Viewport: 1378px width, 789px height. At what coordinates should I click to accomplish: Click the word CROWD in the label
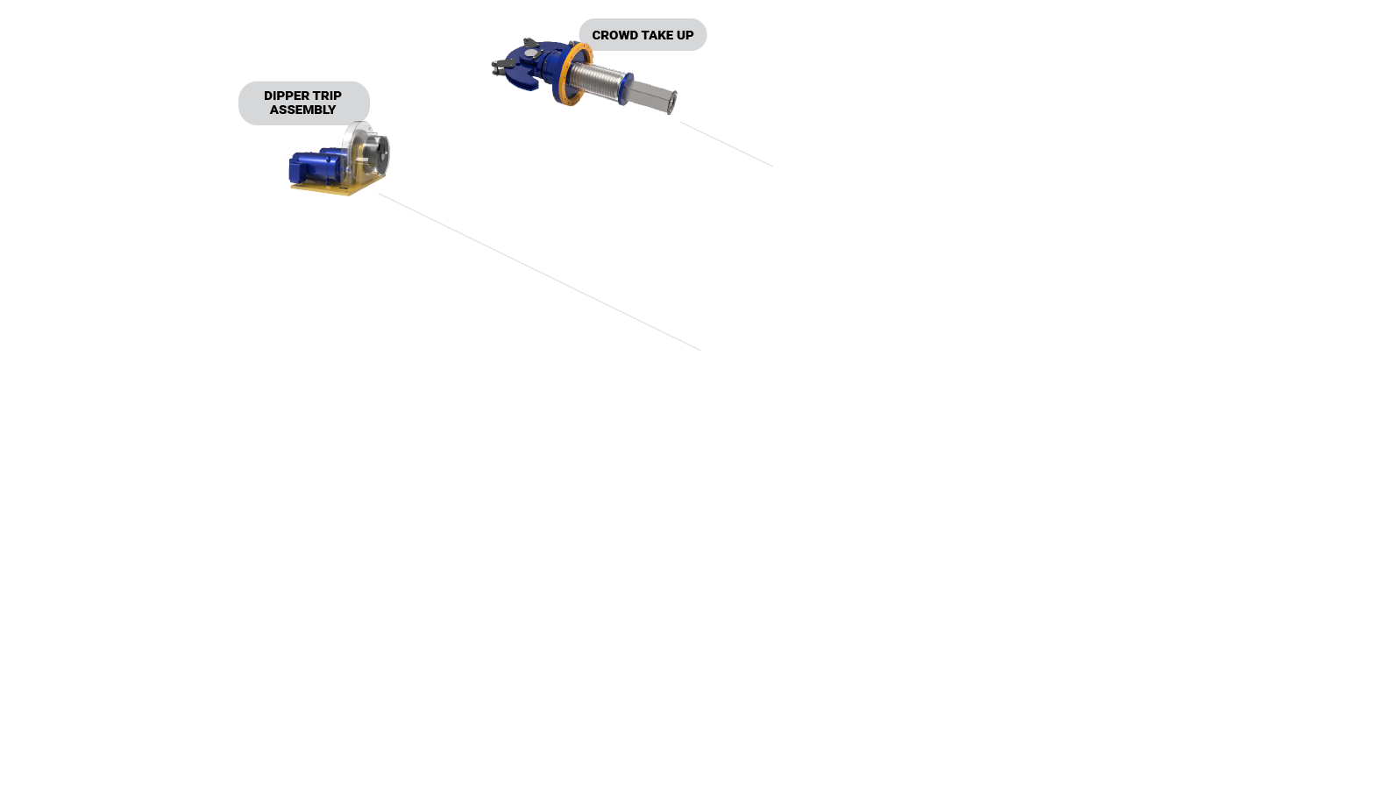(614, 35)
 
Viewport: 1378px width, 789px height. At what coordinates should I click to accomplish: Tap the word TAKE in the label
(657, 35)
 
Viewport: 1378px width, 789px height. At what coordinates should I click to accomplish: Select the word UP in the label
(685, 35)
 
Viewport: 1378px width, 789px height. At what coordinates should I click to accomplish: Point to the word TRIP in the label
(327, 96)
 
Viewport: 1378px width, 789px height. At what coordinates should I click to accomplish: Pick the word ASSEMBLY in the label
(302, 110)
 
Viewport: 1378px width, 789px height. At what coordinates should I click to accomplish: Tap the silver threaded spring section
(600, 82)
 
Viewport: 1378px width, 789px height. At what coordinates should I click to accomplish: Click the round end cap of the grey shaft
(673, 103)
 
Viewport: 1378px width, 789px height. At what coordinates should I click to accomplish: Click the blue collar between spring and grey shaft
(627, 89)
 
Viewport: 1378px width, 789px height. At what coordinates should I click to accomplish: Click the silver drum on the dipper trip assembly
(378, 156)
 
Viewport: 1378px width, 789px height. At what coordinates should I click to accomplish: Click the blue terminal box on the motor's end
(297, 168)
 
